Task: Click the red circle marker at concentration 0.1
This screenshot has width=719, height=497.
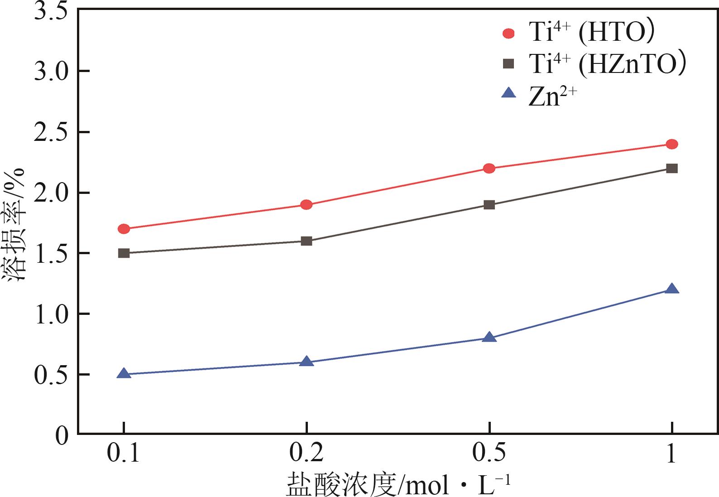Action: (x=124, y=229)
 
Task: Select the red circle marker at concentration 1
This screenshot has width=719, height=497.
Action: (x=672, y=144)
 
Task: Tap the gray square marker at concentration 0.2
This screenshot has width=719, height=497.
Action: (x=307, y=241)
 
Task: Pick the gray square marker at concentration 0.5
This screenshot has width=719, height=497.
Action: (x=489, y=205)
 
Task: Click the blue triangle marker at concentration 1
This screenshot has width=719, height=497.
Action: (x=672, y=289)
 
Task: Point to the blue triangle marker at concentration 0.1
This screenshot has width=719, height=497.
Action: (x=124, y=374)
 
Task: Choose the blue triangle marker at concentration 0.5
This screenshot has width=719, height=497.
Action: (x=489, y=338)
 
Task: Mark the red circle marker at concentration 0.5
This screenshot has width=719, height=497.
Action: (x=489, y=169)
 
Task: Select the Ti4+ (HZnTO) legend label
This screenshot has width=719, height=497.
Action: (x=607, y=63)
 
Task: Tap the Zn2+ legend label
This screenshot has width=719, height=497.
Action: (x=552, y=97)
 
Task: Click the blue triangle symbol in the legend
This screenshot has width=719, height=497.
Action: (x=509, y=93)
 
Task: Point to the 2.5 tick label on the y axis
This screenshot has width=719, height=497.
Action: (x=50, y=132)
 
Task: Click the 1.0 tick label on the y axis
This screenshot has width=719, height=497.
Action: (x=50, y=314)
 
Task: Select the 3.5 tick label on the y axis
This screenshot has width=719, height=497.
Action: (x=50, y=11)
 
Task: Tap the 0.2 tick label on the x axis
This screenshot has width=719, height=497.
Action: (x=307, y=453)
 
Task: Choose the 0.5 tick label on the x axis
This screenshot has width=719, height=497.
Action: (x=489, y=453)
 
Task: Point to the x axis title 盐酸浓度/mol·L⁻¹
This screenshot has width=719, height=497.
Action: (x=398, y=485)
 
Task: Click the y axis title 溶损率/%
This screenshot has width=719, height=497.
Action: (x=15, y=224)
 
